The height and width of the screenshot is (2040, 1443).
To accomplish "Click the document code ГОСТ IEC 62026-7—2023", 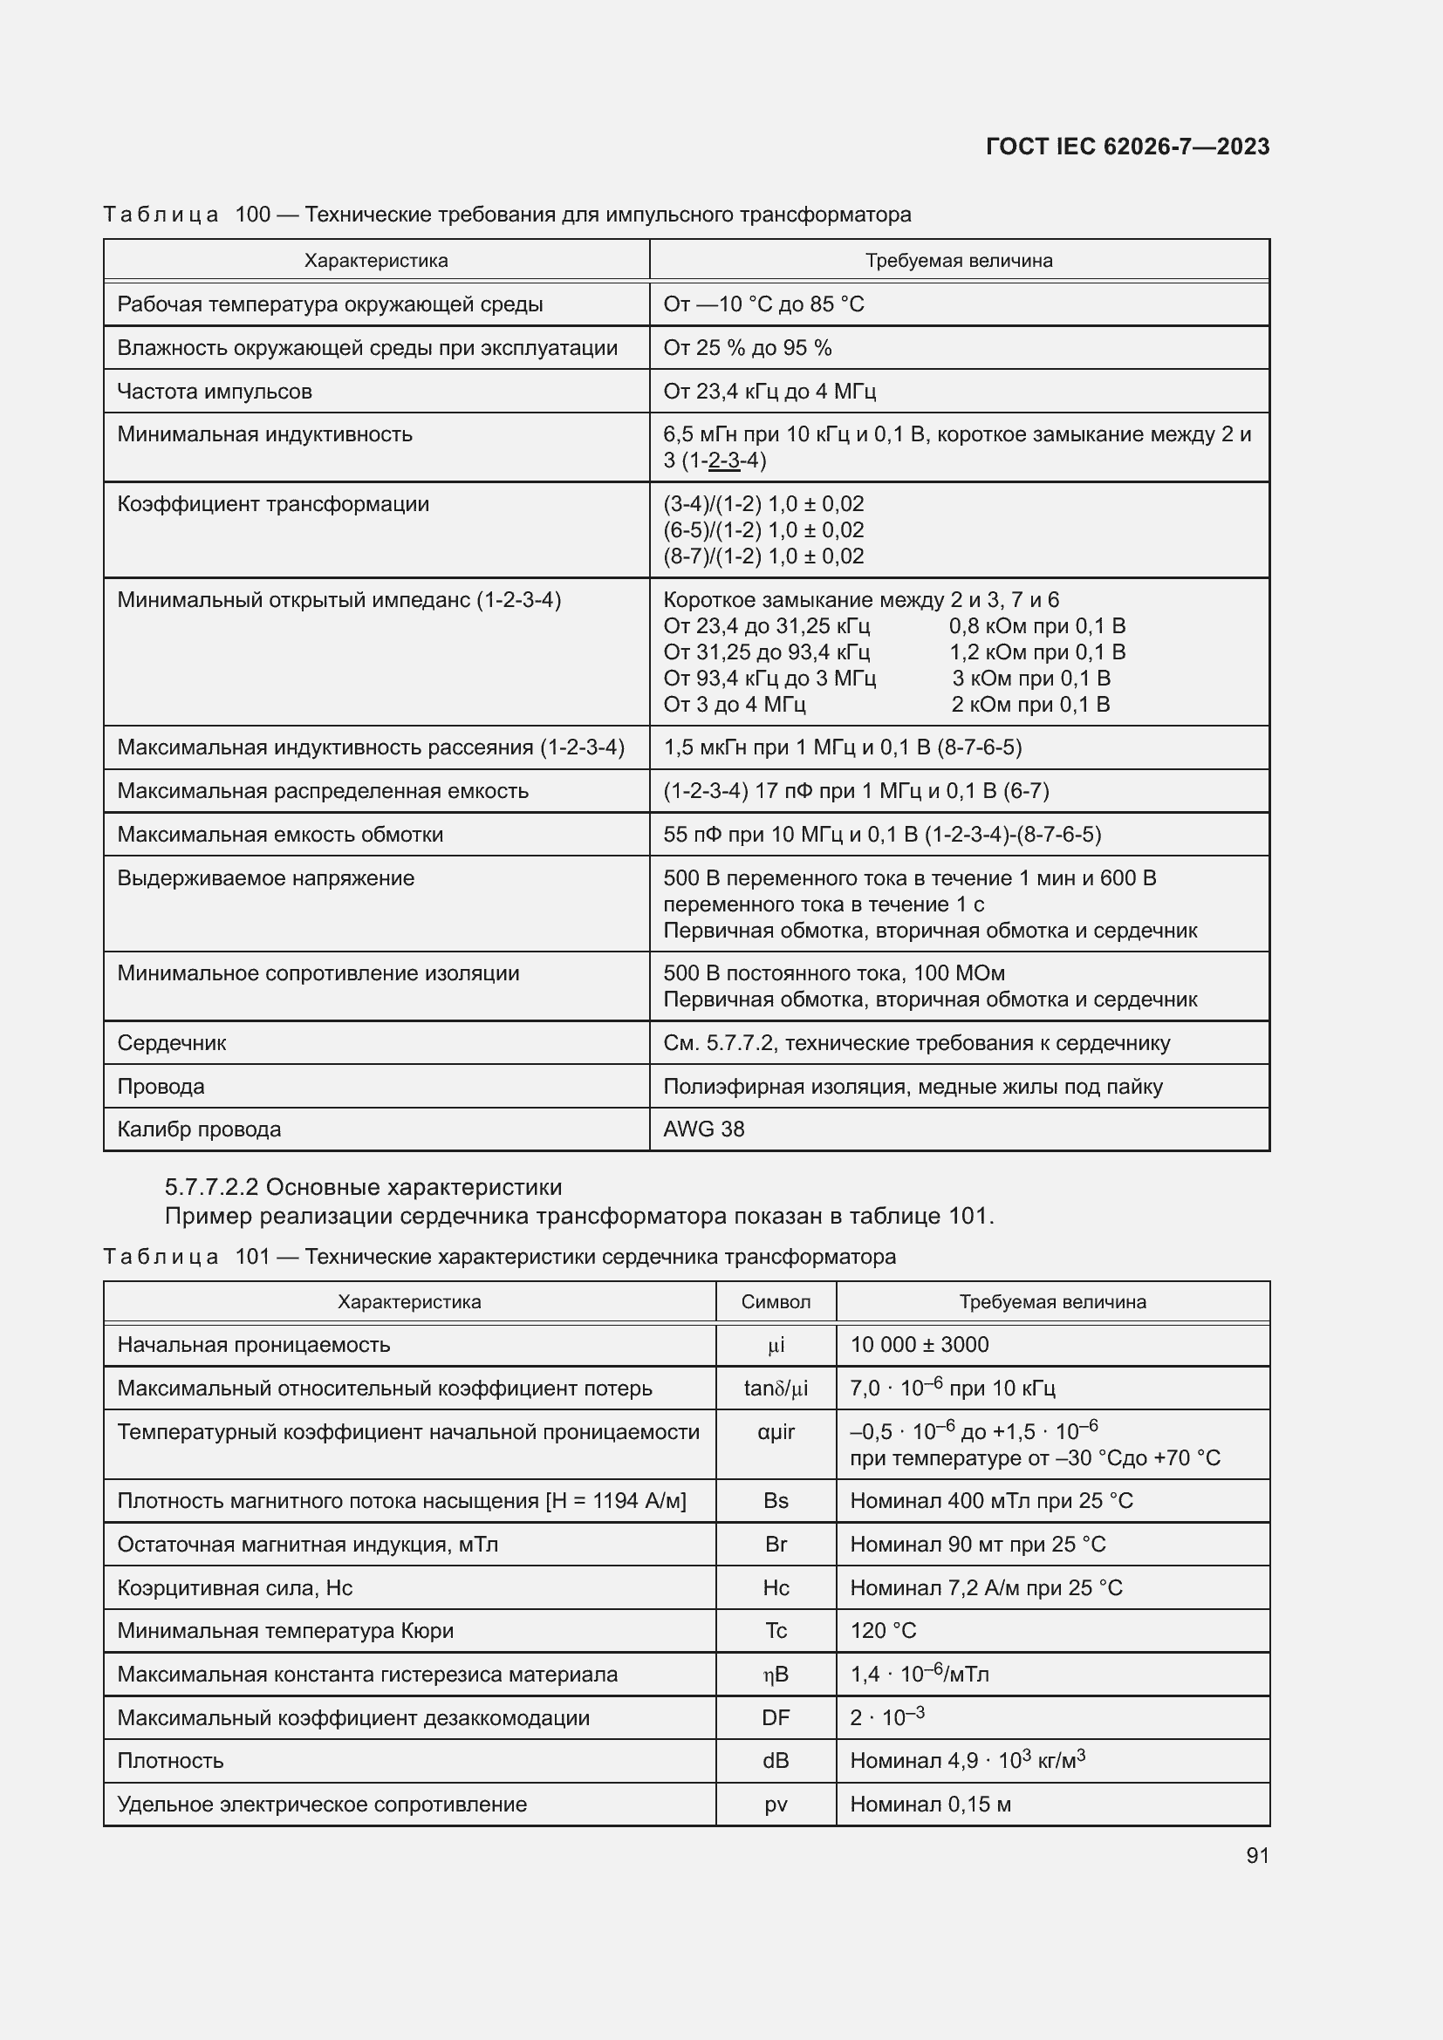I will click(x=1126, y=147).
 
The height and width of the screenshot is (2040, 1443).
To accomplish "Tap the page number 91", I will click(x=1257, y=1855).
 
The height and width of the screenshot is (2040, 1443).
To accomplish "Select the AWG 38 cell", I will click(x=704, y=1129).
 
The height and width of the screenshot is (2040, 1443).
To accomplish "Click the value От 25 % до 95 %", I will click(x=748, y=347).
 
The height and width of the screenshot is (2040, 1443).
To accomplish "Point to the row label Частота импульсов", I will click(x=214, y=391).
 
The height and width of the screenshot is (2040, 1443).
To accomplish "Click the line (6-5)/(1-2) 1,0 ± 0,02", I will click(x=763, y=529).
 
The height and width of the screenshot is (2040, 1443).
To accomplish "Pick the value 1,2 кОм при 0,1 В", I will click(x=1037, y=652).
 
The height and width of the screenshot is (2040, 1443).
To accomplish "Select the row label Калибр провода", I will click(x=199, y=1129).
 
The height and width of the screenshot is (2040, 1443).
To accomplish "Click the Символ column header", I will click(x=776, y=1301).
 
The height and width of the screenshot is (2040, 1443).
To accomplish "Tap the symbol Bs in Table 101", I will click(x=776, y=1501).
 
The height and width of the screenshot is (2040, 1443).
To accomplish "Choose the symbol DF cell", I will click(x=776, y=1717).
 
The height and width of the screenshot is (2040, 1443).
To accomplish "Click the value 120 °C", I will click(x=882, y=1630).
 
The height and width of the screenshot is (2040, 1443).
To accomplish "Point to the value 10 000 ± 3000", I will click(x=919, y=1344).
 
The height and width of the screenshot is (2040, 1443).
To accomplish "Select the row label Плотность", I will click(x=171, y=1760).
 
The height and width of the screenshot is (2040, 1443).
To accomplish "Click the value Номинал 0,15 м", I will click(x=930, y=1804).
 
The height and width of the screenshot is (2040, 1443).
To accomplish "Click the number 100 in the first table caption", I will click(x=252, y=215).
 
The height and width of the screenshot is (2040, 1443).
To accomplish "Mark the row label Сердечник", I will click(x=172, y=1042).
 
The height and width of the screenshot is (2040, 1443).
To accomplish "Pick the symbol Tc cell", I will click(x=776, y=1630).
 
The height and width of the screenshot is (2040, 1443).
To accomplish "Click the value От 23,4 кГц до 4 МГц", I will click(x=769, y=391).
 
